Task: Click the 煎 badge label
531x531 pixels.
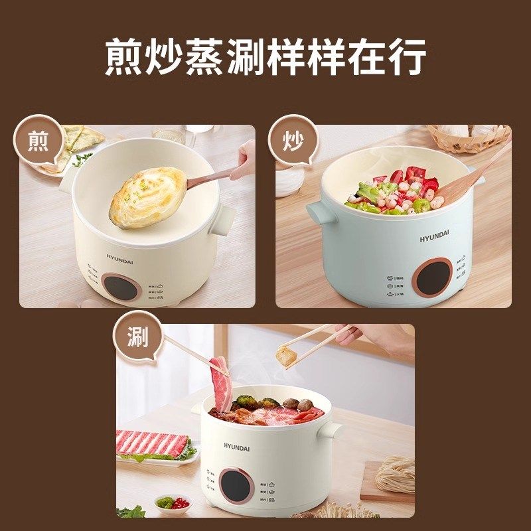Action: coord(38,141)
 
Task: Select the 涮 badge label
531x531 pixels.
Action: coord(137,339)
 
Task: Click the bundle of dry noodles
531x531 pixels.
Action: coord(396,472)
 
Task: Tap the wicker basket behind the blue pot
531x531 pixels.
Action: coord(469,137)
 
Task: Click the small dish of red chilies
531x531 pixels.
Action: coord(174,502)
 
